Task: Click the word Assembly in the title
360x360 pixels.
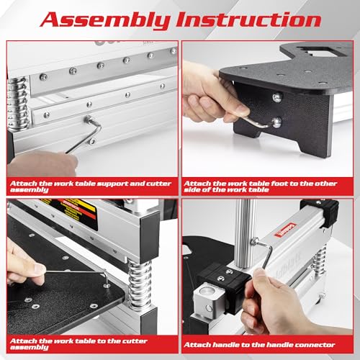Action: (106, 20)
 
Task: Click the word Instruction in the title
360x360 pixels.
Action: (248, 19)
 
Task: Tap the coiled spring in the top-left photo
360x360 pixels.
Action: (18, 104)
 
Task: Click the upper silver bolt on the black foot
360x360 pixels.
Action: (277, 97)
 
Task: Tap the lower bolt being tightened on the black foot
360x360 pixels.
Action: (276, 122)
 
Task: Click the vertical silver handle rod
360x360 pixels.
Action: (245, 233)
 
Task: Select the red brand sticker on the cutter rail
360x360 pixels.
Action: (285, 230)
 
